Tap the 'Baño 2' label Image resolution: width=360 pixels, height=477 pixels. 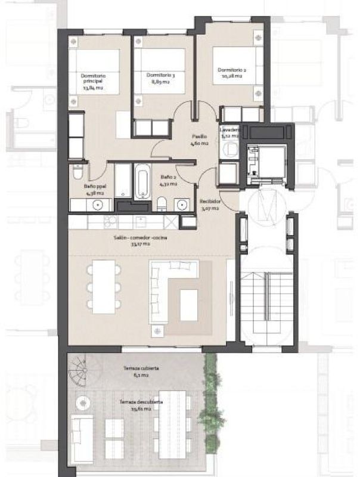[x=167, y=181]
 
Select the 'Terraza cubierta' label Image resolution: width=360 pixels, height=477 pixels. [x=136, y=372]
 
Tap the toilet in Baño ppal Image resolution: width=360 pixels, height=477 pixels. [x=77, y=174]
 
